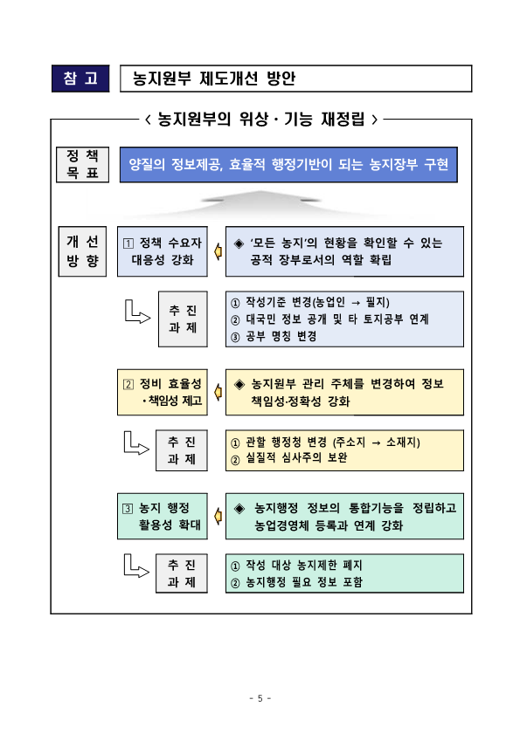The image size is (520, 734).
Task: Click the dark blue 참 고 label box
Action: tap(80, 79)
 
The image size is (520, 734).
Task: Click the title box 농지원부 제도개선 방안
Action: tap(296, 79)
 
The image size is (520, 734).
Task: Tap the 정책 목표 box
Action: tap(82, 164)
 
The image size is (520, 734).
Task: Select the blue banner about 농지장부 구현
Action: tap(288, 164)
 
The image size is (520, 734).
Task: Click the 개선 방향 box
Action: tap(82, 251)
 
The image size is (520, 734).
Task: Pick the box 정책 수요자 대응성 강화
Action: tap(163, 251)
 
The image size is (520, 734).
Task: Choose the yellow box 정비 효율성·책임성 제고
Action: tap(163, 392)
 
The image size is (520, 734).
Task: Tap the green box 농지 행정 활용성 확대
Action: tap(163, 517)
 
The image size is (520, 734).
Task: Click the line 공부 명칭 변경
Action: tap(274, 336)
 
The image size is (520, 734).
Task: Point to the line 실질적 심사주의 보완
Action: tap(288, 458)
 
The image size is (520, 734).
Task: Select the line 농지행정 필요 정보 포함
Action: tap(296, 582)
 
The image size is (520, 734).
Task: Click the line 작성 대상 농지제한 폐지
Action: tap(296, 566)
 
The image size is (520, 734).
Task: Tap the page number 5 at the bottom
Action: tap(260, 698)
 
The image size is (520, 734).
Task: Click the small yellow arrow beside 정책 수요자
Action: tap(218, 252)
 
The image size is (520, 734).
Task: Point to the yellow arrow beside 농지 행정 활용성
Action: tap(218, 517)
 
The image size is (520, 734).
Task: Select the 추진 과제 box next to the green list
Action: tap(182, 573)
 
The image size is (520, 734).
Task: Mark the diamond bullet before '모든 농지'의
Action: tap(239, 244)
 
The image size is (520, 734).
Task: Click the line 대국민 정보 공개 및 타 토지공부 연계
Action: tap(329, 319)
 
